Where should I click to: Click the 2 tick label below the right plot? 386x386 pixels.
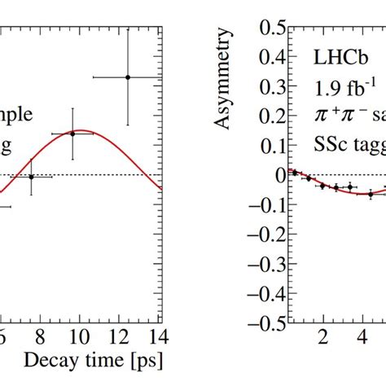click(322, 337)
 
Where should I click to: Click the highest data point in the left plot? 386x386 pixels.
click(127, 77)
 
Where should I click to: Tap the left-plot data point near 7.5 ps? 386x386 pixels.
click(32, 177)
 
